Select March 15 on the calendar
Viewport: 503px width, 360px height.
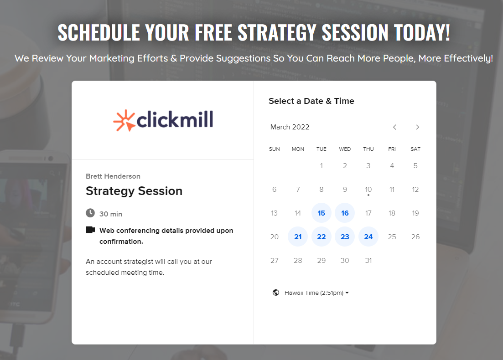coord(321,213)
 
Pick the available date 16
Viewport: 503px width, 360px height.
coord(345,213)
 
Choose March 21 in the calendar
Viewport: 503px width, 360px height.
coord(298,237)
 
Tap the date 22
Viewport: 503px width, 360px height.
coord(321,237)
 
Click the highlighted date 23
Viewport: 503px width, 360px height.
coord(345,237)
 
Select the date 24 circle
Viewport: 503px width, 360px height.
coord(368,237)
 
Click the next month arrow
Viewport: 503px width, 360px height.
coord(417,127)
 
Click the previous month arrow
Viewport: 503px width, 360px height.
coord(394,127)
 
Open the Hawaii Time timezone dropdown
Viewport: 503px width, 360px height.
coord(316,293)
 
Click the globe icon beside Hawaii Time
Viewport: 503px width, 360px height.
coord(275,293)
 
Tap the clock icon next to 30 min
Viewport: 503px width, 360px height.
coord(90,213)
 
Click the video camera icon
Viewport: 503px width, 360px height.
coord(90,230)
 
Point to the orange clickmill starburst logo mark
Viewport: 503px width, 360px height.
coord(124,121)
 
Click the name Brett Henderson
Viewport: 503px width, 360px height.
coord(113,176)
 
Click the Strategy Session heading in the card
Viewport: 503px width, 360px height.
coord(134,191)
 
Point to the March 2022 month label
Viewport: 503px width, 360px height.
coord(290,127)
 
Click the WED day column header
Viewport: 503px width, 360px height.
coord(345,149)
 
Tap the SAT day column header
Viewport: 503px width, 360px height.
coord(415,149)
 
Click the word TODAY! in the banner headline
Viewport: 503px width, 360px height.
coord(422,33)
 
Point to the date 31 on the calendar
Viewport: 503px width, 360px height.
coord(368,260)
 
